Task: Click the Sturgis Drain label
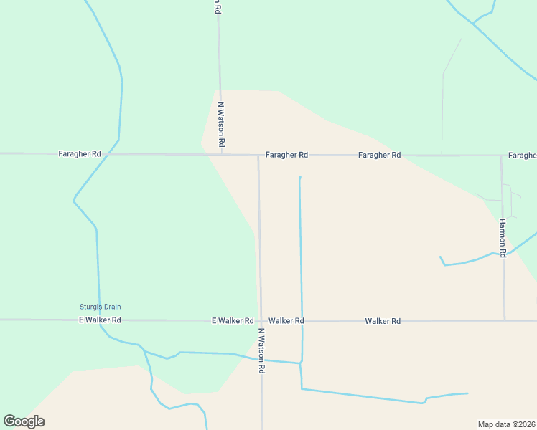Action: point(100,307)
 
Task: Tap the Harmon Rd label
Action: point(503,238)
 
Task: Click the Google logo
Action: point(24,421)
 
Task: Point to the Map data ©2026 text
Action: point(506,424)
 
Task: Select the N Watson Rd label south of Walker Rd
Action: point(262,351)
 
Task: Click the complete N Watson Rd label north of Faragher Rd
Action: point(221,126)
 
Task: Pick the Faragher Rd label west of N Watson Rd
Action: point(80,154)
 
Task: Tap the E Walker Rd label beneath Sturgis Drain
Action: point(100,320)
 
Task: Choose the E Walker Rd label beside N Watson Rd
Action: point(233,321)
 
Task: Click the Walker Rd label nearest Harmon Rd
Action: point(382,321)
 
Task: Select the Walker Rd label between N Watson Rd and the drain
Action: point(286,321)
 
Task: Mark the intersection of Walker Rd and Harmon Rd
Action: point(505,320)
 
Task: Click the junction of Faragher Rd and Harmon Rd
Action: point(501,156)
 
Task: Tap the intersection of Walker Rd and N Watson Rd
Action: point(260,320)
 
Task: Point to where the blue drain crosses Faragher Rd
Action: point(108,154)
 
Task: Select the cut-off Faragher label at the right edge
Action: point(522,156)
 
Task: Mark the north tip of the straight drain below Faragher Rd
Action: point(299,177)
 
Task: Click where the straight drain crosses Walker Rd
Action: point(302,320)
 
